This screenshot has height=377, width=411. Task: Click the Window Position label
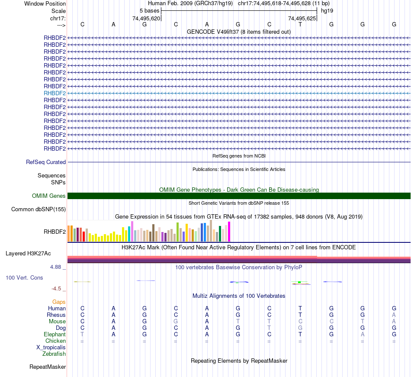point(45,3)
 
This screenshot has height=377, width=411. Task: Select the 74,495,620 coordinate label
point(146,18)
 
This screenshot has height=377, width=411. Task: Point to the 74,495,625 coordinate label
point(302,18)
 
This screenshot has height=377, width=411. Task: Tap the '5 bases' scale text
point(149,10)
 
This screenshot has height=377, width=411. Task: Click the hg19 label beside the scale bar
point(327,10)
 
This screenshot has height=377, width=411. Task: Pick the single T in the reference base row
point(300,25)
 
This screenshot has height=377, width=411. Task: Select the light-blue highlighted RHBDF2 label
point(55,93)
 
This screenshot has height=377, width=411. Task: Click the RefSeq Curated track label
point(46,162)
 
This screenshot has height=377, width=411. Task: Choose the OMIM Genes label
point(49,196)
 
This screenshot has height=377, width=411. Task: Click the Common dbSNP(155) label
point(39,209)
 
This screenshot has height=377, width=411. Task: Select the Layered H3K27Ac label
point(28,253)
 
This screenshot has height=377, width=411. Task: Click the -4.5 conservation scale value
point(56,289)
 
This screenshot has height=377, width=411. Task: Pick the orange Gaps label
point(59,302)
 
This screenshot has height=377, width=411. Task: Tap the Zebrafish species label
point(54,354)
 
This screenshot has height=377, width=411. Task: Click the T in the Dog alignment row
point(269,328)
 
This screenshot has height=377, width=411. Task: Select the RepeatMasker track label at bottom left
point(48,367)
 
